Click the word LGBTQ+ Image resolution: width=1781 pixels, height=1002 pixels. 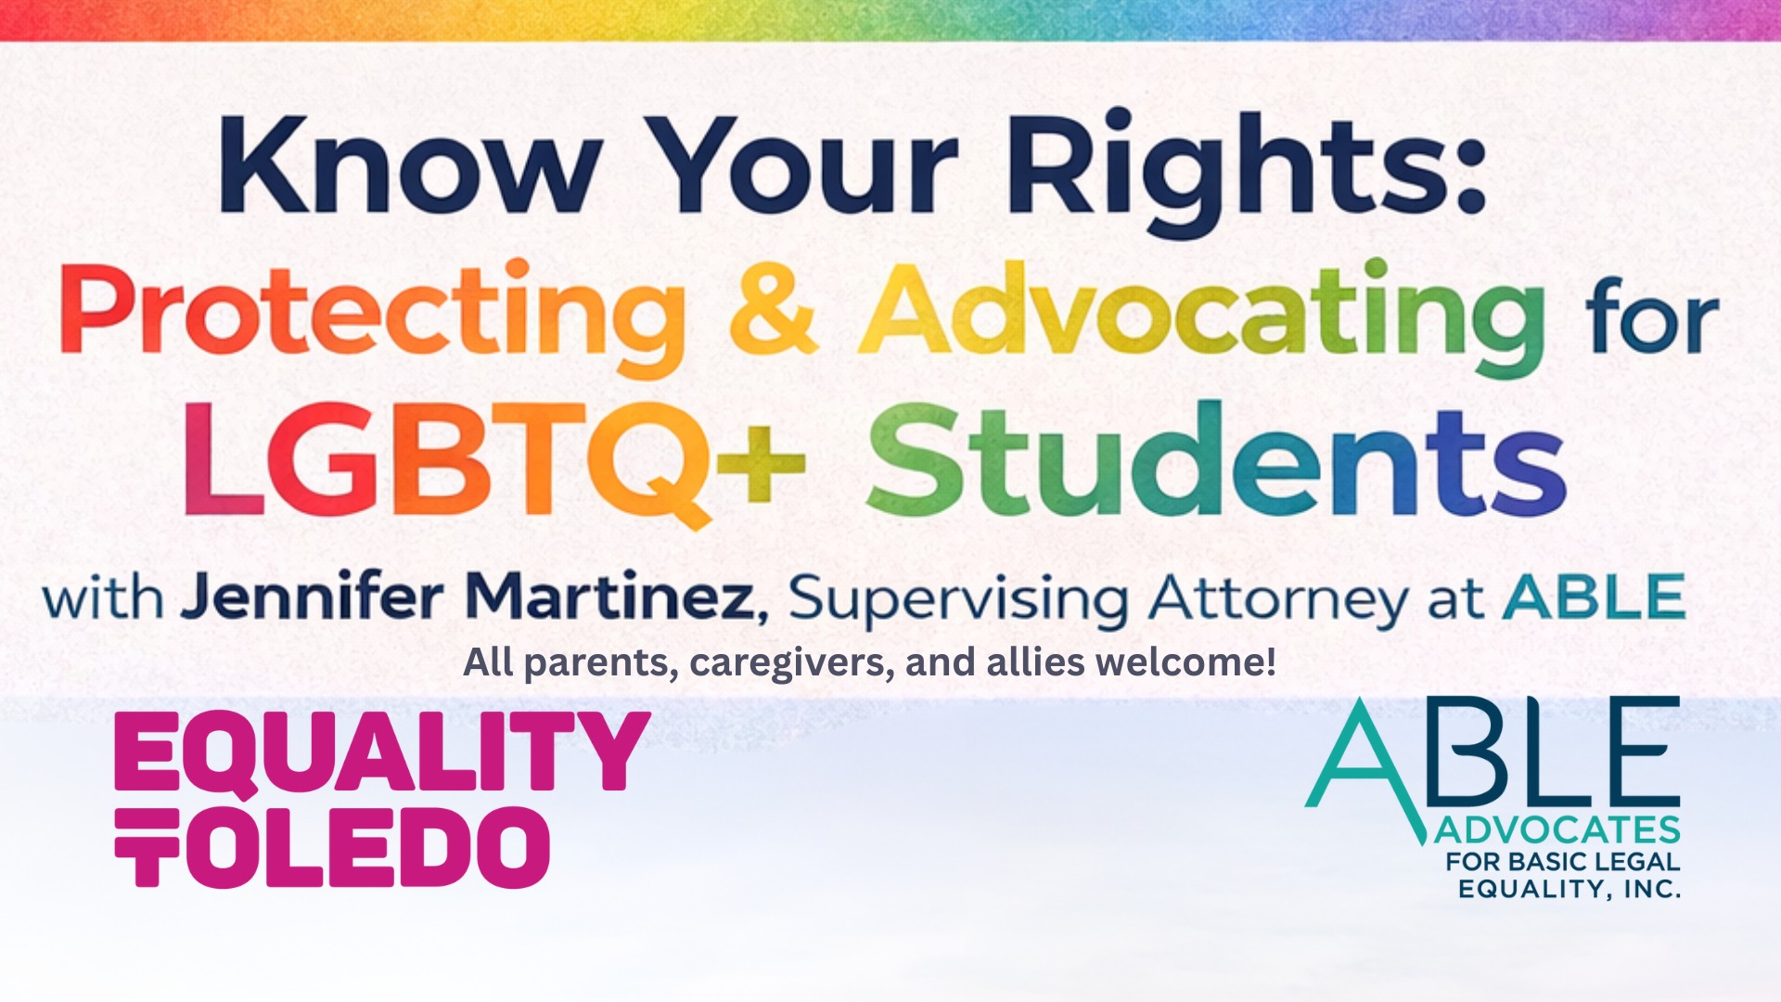pos(493,462)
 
